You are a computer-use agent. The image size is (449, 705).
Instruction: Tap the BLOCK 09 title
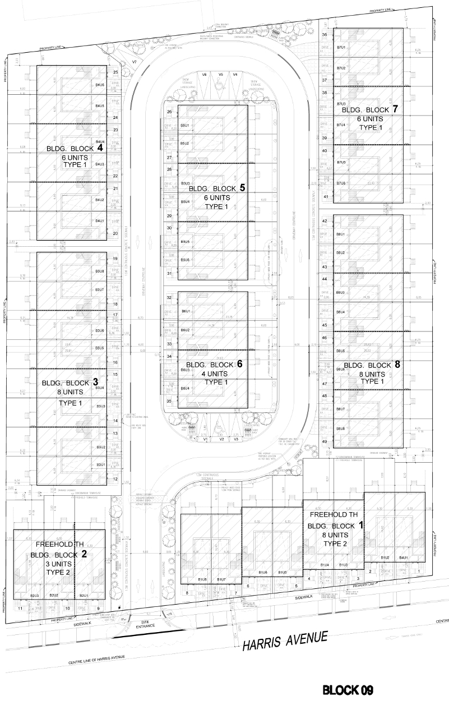click(348, 689)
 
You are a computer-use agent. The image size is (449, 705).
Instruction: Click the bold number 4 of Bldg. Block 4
click(100, 149)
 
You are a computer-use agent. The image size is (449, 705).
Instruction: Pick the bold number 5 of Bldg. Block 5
click(242, 188)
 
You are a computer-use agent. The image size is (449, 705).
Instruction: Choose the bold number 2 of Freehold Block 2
click(84, 554)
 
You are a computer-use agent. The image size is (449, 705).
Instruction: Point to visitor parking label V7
click(135, 61)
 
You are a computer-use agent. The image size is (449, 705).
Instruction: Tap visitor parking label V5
click(220, 75)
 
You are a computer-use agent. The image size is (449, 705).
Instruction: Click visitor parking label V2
click(221, 439)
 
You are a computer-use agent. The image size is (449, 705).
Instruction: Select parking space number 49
click(325, 442)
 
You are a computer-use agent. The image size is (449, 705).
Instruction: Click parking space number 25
click(115, 72)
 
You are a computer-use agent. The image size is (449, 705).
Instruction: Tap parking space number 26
click(169, 112)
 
